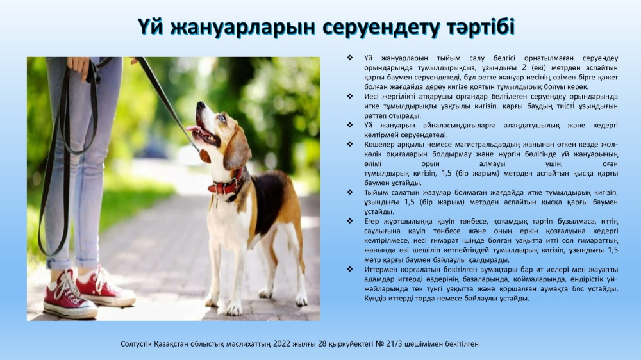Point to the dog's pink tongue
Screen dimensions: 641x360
point(194,130)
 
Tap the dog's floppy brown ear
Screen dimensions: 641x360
point(237,149)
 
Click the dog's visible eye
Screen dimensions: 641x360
point(222,118)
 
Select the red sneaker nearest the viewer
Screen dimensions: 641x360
point(69,295)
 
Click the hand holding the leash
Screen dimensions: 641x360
point(78,67)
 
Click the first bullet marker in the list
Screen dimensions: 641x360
point(350,58)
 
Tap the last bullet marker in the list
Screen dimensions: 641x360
point(350,269)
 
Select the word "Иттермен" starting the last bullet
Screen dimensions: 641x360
point(379,270)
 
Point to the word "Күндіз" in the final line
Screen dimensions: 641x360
point(375,299)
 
